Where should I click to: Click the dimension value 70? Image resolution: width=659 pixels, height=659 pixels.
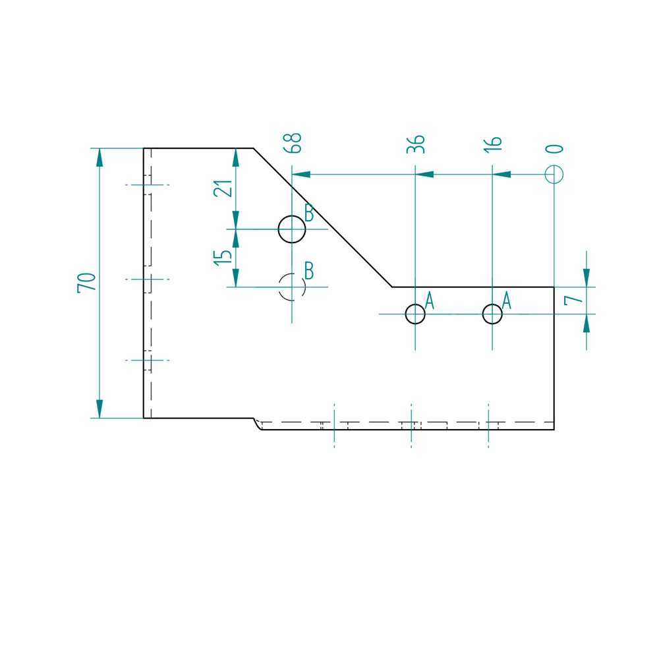[x=86, y=283]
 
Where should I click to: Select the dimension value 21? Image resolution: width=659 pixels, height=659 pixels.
[x=223, y=188]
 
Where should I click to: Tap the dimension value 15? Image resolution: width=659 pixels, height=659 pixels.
[x=223, y=257]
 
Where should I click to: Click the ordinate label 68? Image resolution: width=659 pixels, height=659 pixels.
[x=293, y=143]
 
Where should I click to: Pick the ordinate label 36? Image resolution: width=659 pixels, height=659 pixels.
[x=416, y=144]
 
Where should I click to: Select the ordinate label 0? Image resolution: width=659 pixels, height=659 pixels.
[x=554, y=149]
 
